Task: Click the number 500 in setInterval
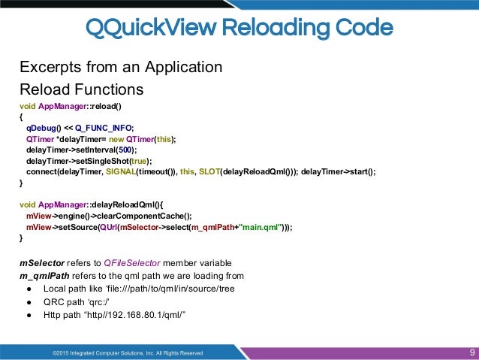(120, 150)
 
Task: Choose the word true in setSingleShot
(139, 160)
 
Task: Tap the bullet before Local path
(29, 289)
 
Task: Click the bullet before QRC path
(29, 301)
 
